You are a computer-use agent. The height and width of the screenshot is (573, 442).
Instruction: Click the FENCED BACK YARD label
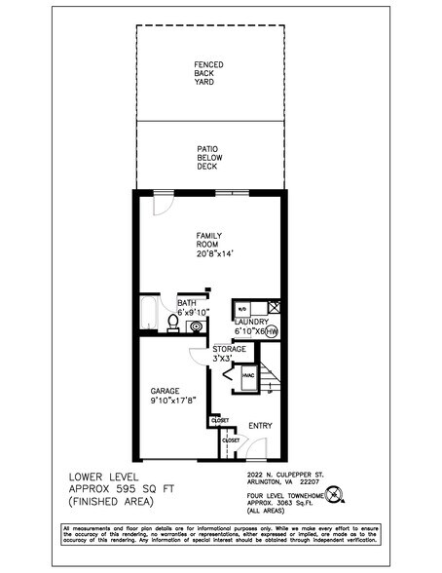pos(208,73)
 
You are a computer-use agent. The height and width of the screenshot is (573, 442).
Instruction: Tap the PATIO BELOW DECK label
pos(208,157)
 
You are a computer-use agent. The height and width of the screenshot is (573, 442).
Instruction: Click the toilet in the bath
pos(173,322)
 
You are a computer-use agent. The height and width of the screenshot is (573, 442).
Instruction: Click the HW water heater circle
pos(272,330)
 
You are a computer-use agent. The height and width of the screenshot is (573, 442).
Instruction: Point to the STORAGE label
pos(230,348)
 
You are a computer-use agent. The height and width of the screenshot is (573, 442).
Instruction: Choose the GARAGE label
pos(166,390)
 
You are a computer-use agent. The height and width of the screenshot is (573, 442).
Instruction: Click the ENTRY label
pos(260,425)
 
